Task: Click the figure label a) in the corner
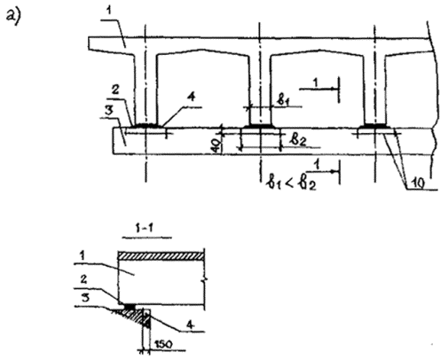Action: click(x=13, y=17)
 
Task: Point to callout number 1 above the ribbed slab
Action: click(x=109, y=11)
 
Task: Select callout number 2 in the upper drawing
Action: click(x=115, y=90)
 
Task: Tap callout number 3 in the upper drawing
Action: click(x=109, y=111)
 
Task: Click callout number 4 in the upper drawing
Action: click(x=192, y=97)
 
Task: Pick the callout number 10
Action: click(x=418, y=184)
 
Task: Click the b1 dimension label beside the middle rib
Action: click(x=283, y=100)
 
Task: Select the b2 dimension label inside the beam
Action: click(x=298, y=139)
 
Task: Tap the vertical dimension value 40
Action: click(x=216, y=145)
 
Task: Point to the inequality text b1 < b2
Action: click(x=291, y=184)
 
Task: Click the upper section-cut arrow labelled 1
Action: click(x=318, y=88)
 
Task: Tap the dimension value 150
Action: click(x=163, y=344)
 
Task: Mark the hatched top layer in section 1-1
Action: click(x=161, y=256)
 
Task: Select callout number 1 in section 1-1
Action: click(x=83, y=255)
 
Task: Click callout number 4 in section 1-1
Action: click(x=191, y=325)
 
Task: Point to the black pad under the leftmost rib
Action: click(x=145, y=125)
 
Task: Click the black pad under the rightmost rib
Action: click(x=374, y=126)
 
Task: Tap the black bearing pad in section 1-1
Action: click(x=130, y=307)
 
